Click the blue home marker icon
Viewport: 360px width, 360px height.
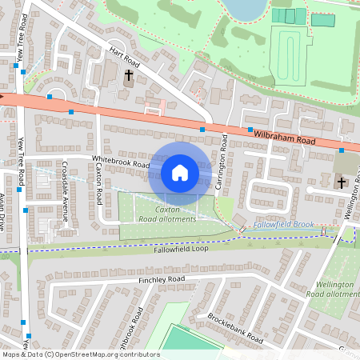[180, 172]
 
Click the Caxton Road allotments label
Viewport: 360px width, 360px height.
[166, 214]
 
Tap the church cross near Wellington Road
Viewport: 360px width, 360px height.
[342, 183]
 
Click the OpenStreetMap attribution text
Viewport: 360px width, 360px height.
[80, 354]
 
